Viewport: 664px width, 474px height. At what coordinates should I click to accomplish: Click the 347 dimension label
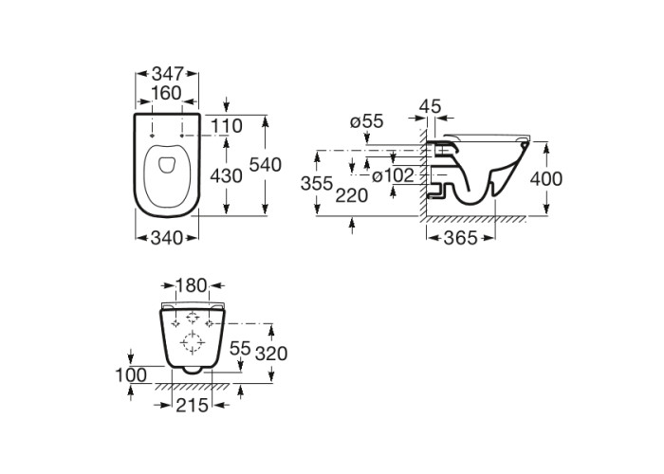click(167, 74)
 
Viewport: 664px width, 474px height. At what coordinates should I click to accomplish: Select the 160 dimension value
click(166, 93)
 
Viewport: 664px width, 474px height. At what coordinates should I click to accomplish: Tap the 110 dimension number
click(227, 126)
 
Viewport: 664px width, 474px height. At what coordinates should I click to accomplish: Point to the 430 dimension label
click(226, 175)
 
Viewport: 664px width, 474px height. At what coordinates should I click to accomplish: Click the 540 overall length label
click(265, 165)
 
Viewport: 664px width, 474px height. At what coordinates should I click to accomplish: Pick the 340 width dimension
click(166, 238)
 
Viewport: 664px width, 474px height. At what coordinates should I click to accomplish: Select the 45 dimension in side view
click(430, 106)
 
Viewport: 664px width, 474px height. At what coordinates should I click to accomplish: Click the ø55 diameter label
click(367, 121)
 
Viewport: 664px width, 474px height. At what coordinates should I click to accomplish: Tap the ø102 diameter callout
click(393, 175)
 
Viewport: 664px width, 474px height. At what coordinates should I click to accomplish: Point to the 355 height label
click(317, 184)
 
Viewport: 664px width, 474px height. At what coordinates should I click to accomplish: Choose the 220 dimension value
click(352, 195)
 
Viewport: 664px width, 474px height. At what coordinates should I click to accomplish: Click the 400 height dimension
click(546, 179)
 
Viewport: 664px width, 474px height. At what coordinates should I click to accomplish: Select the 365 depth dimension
click(460, 238)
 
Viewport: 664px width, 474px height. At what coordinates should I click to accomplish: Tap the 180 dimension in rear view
click(192, 285)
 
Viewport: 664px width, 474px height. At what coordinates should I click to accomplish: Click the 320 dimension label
click(271, 353)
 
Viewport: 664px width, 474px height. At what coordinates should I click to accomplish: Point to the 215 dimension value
click(193, 405)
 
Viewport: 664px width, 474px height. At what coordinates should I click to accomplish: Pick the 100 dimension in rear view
click(131, 374)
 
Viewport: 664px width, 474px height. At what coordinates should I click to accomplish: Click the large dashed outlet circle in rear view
click(193, 342)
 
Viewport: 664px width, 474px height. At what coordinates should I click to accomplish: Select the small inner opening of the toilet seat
click(166, 165)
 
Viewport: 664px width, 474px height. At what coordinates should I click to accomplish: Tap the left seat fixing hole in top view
click(152, 136)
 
